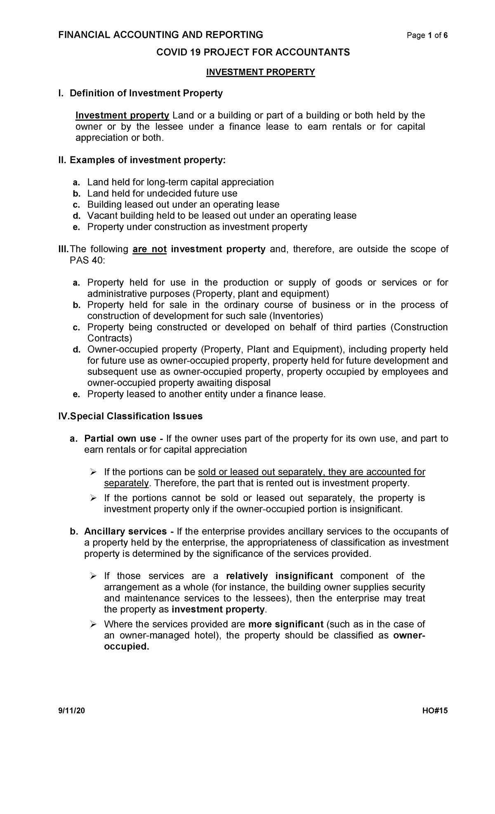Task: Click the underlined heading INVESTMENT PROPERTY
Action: coord(260,73)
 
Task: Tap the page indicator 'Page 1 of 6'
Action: coord(427,36)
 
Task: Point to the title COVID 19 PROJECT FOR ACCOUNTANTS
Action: coord(252,52)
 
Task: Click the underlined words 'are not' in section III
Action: coord(149,249)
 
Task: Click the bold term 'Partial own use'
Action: coord(120,439)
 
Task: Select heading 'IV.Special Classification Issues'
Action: coord(130,416)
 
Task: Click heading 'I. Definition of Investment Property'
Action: coord(140,94)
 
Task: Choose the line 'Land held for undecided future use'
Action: coord(162,194)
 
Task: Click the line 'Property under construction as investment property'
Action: coord(197,227)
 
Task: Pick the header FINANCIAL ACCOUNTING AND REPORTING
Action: coord(160,35)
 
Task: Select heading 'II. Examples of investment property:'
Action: coord(142,160)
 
